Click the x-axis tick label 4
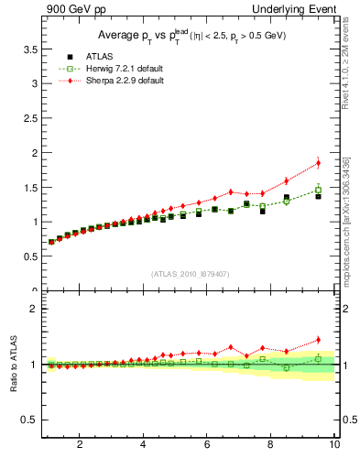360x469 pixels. point(143,444)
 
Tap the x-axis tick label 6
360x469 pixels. point(207,444)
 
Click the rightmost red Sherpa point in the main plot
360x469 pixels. point(318,163)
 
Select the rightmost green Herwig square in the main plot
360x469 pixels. point(318,190)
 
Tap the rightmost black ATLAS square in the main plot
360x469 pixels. point(318,196)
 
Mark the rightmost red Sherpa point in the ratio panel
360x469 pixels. point(318,340)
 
